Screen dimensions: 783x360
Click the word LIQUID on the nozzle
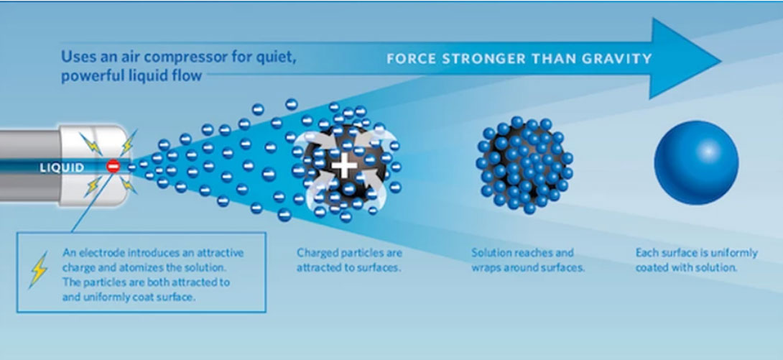(62, 167)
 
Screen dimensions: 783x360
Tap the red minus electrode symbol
(113, 167)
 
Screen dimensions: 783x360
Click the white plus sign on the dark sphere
(345, 166)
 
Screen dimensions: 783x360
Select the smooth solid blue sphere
(696, 162)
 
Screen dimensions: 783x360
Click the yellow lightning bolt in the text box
(39, 269)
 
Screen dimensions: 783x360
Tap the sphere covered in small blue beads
(524, 165)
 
